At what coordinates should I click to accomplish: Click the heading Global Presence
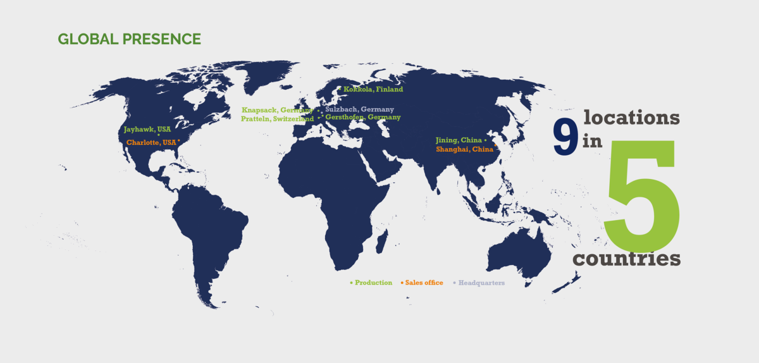click(x=130, y=39)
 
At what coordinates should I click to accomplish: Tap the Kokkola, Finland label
click(x=373, y=89)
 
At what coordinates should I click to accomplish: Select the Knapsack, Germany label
click(x=277, y=110)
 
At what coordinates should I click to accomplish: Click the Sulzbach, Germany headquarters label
click(x=359, y=109)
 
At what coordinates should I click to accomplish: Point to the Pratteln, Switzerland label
click(x=277, y=119)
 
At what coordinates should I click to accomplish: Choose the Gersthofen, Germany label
click(x=363, y=118)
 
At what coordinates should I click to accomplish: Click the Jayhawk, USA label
click(x=147, y=130)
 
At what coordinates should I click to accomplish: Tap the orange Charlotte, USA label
click(x=151, y=143)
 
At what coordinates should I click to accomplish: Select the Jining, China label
click(x=459, y=140)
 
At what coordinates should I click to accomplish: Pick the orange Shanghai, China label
click(x=464, y=150)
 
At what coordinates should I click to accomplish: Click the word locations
click(x=632, y=118)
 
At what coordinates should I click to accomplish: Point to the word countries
click(x=627, y=259)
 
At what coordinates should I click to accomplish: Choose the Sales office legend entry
click(x=424, y=283)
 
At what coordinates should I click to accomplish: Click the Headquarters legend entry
click(x=481, y=283)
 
